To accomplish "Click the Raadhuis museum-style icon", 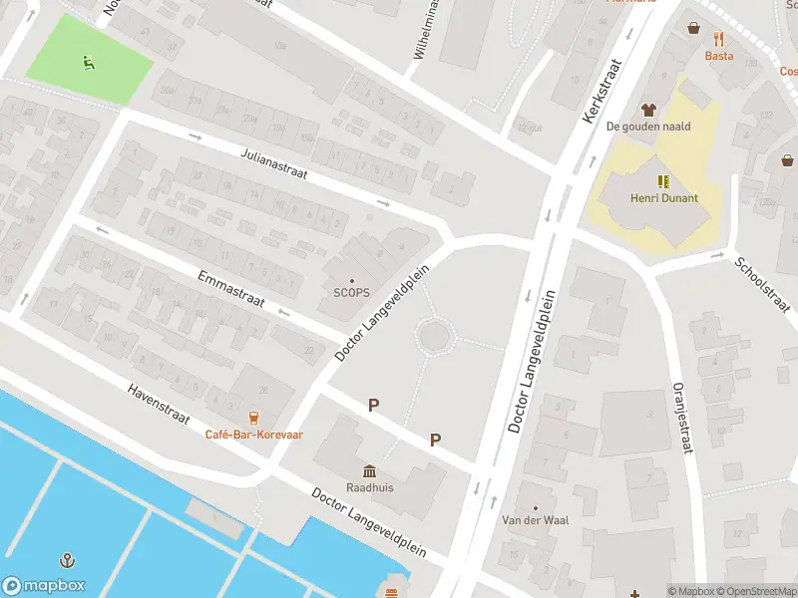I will click(369, 470).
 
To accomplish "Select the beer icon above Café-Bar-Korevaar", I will click(254, 418).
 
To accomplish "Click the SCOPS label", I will click(351, 292).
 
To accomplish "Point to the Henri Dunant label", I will click(663, 197).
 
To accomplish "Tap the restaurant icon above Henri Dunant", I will click(663, 181).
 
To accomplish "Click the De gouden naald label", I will click(648, 127).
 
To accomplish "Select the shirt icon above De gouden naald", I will click(648, 110).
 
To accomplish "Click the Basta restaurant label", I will click(718, 56).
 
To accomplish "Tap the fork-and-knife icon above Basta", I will click(718, 39).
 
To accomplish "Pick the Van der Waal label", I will click(534, 521).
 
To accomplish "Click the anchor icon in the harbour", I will click(67, 561).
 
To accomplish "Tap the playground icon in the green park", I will click(89, 63).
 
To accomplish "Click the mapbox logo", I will click(44, 586).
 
